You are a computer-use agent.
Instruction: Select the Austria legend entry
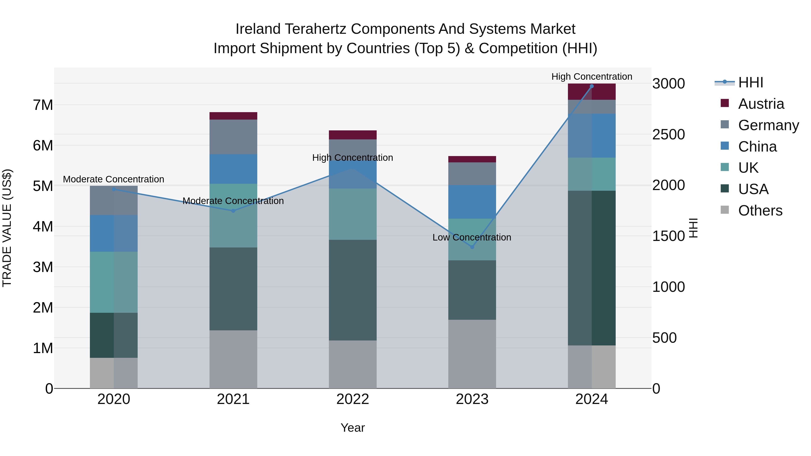761,104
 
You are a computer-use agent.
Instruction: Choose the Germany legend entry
768,125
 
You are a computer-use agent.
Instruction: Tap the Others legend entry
760,211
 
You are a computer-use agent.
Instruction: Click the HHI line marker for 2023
472,247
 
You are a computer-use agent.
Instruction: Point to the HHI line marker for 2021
233,211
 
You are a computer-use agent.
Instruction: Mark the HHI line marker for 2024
592,86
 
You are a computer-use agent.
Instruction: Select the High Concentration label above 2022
353,158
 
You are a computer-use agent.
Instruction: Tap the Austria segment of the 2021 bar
233,116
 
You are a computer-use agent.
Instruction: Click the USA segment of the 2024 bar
592,268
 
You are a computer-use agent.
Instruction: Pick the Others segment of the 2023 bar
472,354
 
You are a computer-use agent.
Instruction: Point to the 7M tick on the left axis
43,105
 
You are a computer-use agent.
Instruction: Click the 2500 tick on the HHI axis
668,135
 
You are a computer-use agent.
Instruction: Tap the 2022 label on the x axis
353,399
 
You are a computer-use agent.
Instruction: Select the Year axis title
353,428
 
